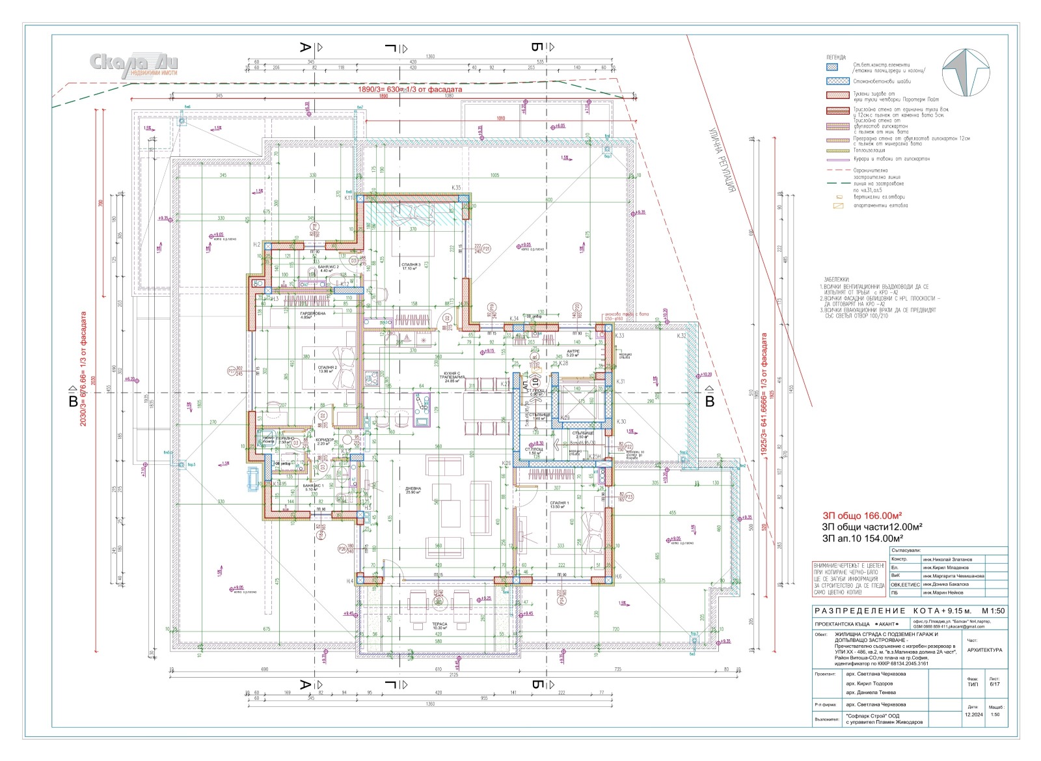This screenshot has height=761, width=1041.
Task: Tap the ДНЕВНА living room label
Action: pos(412,489)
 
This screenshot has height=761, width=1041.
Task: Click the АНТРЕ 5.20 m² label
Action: pos(573,352)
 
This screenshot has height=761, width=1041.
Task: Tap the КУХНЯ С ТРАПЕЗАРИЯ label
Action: pos(452,378)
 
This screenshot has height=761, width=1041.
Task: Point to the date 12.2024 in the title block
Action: pos(973,715)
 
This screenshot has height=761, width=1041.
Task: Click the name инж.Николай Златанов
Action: pos(947,559)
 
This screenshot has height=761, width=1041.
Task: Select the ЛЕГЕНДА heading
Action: pos(837,57)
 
